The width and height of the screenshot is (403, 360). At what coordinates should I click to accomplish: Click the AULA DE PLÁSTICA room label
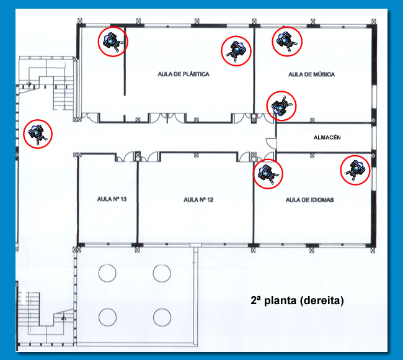(184, 74)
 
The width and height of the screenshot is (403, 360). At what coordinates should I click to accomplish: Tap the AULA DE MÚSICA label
(311, 74)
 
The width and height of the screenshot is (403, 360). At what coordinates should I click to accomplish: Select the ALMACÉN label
(327, 137)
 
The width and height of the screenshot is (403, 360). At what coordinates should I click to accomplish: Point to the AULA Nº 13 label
(112, 199)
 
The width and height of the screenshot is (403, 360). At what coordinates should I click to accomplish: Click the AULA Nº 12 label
(198, 200)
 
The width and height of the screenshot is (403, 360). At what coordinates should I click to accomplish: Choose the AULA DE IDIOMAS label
(310, 200)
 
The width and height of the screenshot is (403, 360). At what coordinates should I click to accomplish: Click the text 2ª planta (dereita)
(297, 300)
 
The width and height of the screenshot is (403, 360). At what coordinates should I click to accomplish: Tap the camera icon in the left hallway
(38, 134)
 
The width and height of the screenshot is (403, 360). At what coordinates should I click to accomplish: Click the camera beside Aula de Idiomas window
(355, 170)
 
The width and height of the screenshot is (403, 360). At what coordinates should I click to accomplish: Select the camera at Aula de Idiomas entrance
(268, 174)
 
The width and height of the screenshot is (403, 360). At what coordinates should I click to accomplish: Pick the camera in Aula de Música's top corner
(287, 42)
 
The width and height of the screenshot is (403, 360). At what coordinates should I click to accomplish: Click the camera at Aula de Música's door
(281, 106)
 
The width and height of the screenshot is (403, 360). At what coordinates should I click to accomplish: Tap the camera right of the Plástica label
(236, 51)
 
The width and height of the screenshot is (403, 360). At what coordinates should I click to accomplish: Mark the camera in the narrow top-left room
(113, 42)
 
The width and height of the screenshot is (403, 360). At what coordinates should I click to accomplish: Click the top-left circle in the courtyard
(107, 273)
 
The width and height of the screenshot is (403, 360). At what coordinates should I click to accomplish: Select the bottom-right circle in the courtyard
(162, 317)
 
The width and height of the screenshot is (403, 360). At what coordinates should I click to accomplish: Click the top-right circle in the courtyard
(162, 274)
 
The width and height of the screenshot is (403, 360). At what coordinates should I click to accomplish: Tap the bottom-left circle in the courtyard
(107, 317)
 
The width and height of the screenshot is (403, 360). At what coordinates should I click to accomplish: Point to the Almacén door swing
(271, 143)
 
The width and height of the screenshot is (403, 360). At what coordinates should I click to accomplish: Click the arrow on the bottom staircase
(63, 318)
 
